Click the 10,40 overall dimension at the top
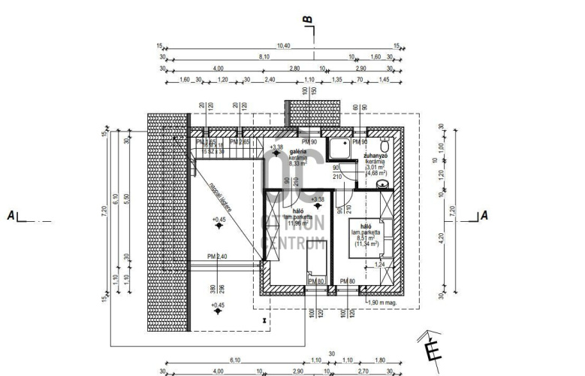(x=283, y=46)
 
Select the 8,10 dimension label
(x=264, y=57)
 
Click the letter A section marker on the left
(x=11, y=216)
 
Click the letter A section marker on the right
(x=484, y=215)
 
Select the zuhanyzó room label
(x=375, y=156)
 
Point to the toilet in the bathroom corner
(x=384, y=145)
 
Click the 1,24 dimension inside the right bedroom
(x=379, y=265)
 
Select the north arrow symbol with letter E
(x=430, y=348)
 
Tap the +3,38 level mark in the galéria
(x=276, y=147)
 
